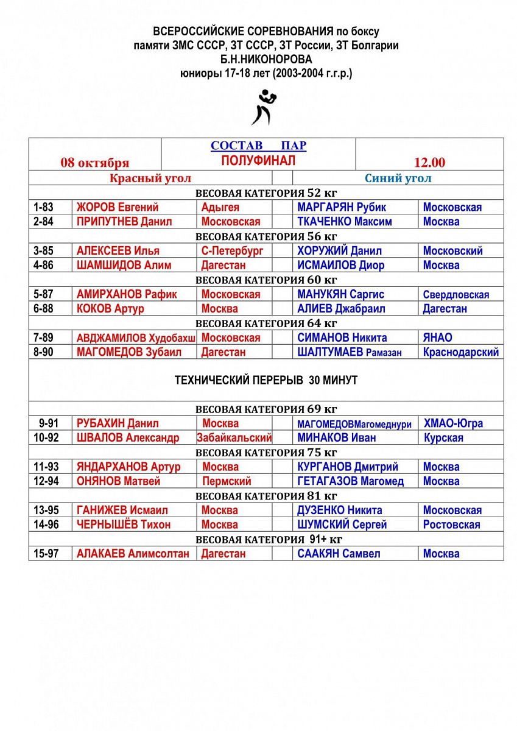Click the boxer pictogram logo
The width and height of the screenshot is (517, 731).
pyautogui.click(x=265, y=107)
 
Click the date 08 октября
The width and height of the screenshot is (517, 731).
pyautogui.click(x=94, y=163)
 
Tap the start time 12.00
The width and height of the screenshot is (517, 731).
pyautogui.click(x=429, y=163)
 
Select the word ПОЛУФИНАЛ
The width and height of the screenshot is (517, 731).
pyautogui.click(x=258, y=160)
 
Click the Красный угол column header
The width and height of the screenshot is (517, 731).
pyautogui.click(x=150, y=178)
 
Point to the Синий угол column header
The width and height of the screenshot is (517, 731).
pyautogui.click(x=398, y=178)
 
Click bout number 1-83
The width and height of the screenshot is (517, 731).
pyautogui.click(x=43, y=207)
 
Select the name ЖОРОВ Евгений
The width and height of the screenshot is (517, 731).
pyautogui.click(x=118, y=207)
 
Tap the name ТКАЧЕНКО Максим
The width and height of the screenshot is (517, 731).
pyautogui.click(x=345, y=222)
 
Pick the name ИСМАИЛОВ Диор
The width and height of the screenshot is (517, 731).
pyautogui.click(x=341, y=265)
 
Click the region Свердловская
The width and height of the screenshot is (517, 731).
pyautogui.click(x=456, y=295)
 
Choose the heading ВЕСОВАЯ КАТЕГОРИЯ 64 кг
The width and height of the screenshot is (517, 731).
pyautogui.click(x=266, y=323)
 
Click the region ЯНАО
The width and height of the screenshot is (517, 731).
pyautogui.click(x=438, y=337)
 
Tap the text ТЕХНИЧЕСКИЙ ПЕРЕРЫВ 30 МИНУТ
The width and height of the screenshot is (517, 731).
pyautogui.click(x=266, y=380)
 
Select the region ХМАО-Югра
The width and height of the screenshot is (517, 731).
pyautogui.click(x=454, y=423)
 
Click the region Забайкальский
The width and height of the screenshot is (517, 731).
pyautogui.click(x=234, y=438)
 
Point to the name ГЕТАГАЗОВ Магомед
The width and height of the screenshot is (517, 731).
pyautogui.click(x=351, y=481)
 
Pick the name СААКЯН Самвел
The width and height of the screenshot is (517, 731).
pyautogui.click(x=339, y=554)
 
